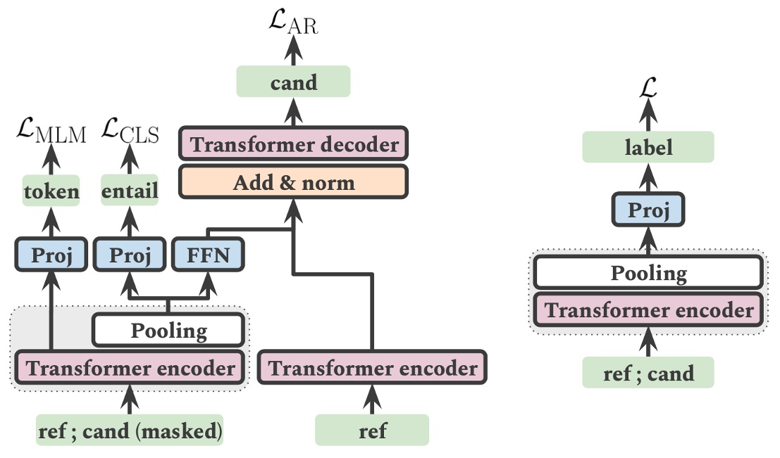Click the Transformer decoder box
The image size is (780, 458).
tap(295, 145)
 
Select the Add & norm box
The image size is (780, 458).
tap(295, 183)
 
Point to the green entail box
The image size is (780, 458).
tap(130, 191)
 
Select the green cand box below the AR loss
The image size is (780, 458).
tap(293, 82)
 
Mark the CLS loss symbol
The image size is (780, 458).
tap(131, 132)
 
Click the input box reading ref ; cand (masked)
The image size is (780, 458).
tap(129, 430)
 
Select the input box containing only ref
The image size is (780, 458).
tap(371, 430)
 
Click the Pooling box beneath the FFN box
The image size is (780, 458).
tap(169, 330)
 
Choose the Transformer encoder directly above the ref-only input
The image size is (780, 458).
tap(371, 368)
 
